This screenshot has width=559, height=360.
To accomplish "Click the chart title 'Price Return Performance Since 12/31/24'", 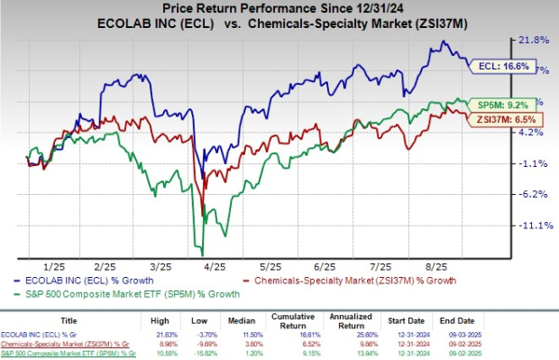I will (279, 8).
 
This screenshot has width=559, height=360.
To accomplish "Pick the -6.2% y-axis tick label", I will (530, 194).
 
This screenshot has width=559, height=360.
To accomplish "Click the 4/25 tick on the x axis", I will (216, 267).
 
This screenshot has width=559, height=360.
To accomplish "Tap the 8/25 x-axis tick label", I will (436, 267).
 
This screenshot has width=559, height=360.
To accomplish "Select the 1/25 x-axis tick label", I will (51, 267).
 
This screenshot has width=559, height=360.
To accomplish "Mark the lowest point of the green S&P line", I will (202, 254).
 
